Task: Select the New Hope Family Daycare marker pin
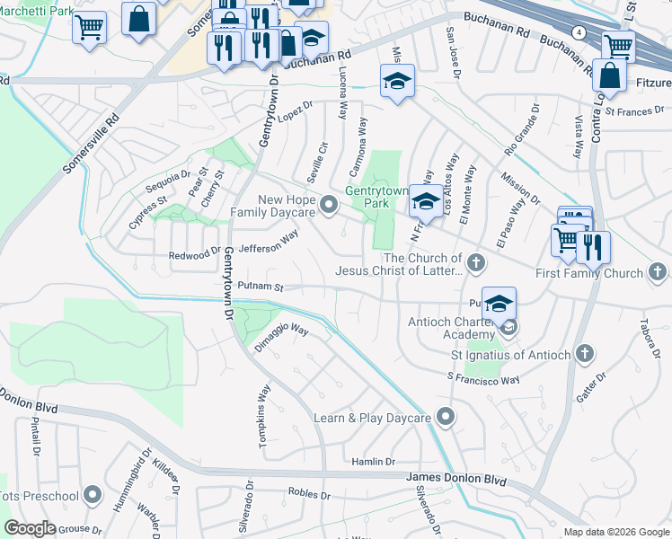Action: click(329, 206)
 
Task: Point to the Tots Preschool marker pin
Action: click(93, 496)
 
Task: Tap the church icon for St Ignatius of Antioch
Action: click(584, 354)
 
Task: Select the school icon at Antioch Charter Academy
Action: click(499, 304)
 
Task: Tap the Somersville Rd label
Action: click(91, 143)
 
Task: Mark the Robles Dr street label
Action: click(309, 494)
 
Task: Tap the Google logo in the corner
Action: click(31, 528)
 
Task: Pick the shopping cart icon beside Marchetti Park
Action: click(89, 27)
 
